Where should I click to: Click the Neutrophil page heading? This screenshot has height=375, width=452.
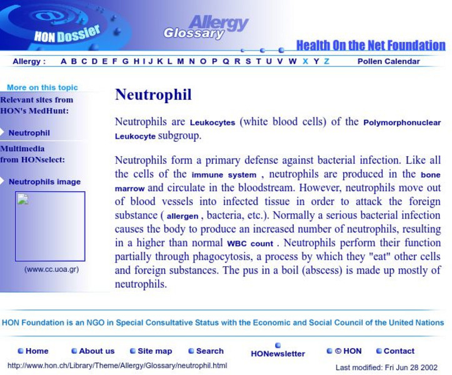[x=153, y=95]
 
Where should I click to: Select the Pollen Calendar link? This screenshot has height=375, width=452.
[x=388, y=61]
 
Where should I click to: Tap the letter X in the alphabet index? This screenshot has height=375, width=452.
[x=305, y=61]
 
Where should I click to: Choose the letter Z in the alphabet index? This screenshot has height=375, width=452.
[x=326, y=61]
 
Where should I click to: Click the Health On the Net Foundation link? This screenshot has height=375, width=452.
[x=370, y=46]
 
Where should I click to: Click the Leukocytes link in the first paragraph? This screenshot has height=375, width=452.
[x=213, y=123]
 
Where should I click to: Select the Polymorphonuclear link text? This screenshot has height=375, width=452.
[x=402, y=123]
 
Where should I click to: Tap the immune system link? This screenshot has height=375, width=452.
[x=224, y=176]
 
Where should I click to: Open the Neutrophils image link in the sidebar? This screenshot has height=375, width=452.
[x=44, y=182]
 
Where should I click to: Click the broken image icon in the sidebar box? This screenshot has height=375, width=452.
[x=23, y=199]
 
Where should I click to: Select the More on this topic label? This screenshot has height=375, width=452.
[x=43, y=87]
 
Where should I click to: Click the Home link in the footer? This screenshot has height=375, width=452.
[x=36, y=351]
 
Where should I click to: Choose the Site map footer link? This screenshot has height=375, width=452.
[x=154, y=351]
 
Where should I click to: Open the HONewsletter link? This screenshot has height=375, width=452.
[x=278, y=354]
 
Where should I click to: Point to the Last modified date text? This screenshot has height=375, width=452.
[x=386, y=367]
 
